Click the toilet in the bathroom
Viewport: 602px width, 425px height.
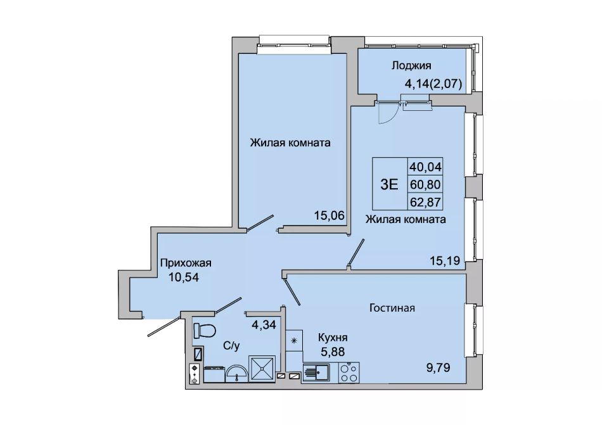click(204, 330)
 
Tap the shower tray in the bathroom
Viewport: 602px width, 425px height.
click(262, 369)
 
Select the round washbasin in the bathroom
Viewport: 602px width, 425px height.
click(236, 374)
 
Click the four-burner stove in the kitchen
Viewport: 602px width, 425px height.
click(349, 372)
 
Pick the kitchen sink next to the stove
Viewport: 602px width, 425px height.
click(316, 372)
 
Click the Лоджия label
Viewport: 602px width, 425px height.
click(411, 66)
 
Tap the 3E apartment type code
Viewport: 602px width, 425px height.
click(389, 184)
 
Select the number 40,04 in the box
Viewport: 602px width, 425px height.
click(425, 167)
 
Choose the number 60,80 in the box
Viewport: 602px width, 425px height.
click(425, 184)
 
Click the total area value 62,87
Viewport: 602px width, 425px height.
click(425, 202)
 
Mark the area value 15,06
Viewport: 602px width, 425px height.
click(330, 216)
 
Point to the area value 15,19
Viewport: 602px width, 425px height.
click(445, 261)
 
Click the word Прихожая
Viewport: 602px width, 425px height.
click(186, 263)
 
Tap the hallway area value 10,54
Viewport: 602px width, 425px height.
click(184, 277)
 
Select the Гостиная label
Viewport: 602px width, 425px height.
click(392, 308)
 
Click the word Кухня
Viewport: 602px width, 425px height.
click(333, 338)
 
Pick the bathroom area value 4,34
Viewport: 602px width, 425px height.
click(264, 325)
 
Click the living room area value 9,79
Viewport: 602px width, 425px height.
click(437, 368)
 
